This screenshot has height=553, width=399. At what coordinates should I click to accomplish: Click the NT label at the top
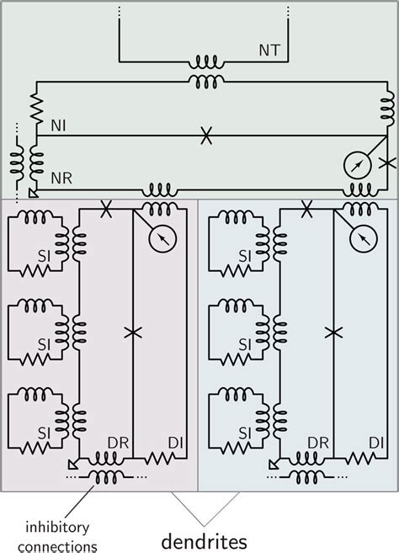tap(269, 50)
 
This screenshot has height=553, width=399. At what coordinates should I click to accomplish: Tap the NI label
tap(58, 126)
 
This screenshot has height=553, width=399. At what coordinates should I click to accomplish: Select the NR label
tap(61, 178)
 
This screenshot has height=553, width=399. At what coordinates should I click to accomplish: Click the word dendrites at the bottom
tap(205, 541)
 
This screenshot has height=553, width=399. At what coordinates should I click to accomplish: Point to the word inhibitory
tap(57, 528)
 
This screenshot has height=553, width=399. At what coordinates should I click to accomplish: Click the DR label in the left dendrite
tap(118, 443)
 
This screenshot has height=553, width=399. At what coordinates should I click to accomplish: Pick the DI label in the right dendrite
tap(376, 443)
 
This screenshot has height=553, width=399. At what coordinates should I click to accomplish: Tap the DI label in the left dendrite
tap(176, 443)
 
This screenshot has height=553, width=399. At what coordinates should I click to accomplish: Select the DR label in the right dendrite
tap(318, 443)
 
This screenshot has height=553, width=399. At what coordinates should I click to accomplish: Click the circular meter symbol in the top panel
tap(358, 165)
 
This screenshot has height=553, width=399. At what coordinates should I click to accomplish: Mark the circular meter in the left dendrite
tap(162, 238)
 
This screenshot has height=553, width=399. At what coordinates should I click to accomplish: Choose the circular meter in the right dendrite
tap(364, 238)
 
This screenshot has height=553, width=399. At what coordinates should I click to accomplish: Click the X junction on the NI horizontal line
tap(206, 136)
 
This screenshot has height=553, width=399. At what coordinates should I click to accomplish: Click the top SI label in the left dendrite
tap(44, 257)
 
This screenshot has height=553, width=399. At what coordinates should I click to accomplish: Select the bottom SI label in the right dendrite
tap(245, 433)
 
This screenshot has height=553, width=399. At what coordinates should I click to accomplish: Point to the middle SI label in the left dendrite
tap(44, 344)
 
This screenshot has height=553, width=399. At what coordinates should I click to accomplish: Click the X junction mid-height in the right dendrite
tap(333, 332)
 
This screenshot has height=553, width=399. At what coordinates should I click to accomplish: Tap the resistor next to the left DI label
tap(160, 458)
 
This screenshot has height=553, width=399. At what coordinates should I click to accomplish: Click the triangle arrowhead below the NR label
tap(33, 193)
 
